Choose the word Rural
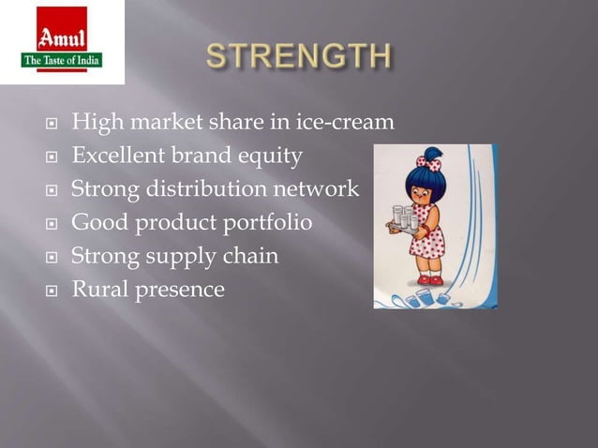[99, 289]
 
